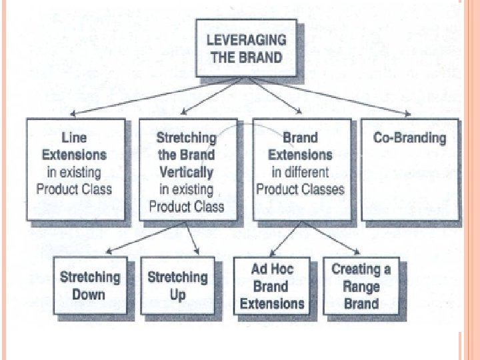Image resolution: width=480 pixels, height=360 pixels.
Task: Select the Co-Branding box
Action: coord(409,169)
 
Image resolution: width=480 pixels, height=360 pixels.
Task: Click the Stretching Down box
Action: coord(90,287)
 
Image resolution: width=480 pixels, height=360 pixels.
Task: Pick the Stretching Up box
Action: coord(177,287)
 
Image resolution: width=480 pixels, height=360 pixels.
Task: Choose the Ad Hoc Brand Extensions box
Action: coord(272,287)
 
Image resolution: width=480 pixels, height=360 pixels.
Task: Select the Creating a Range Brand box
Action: coord(361,287)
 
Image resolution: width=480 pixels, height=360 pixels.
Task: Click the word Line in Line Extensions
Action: coord(74,138)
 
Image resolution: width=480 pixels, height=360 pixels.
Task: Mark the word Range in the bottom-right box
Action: coord(361,287)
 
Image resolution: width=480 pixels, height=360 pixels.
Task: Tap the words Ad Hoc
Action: coord(272,269)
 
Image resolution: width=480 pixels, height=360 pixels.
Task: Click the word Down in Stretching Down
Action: coord(90,295)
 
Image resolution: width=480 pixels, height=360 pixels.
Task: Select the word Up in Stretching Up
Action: coord(177,295)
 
